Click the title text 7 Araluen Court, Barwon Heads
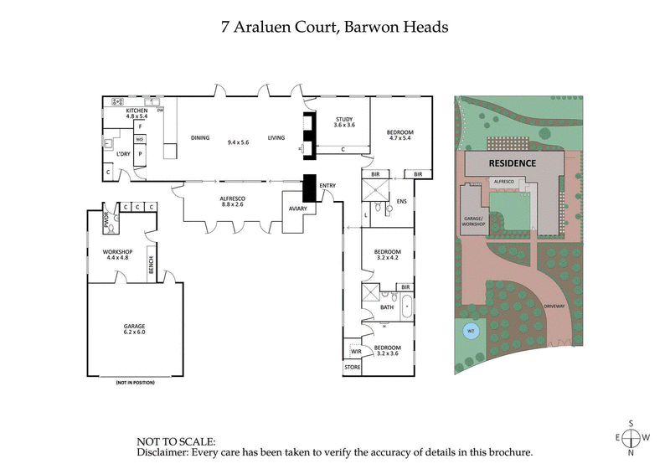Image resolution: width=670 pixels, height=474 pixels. (x=334, y=27)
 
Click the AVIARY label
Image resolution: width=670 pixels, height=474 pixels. (x=297, y=209)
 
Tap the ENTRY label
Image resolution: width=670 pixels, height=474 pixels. (x=327, y=185)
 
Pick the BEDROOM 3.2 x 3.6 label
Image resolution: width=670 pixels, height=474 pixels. (x=387, y=349)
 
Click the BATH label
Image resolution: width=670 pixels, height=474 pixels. (x=386, y=307)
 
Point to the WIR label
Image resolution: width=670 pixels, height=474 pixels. (x=355, y=352)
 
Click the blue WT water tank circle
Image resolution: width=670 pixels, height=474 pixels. (x=471, y=332)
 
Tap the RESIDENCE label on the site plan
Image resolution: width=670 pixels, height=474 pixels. (x=512, y=162)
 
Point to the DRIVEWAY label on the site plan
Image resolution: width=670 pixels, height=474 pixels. (x=555, y=306)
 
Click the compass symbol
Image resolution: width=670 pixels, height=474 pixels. (x=631, y=438)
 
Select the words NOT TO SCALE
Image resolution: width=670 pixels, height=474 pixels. (x=175, y=441)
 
